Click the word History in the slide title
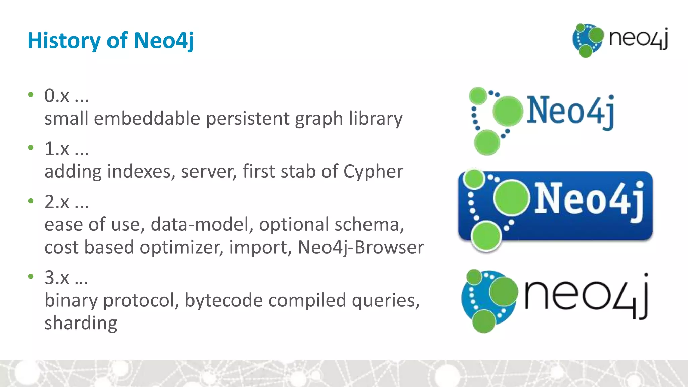64,41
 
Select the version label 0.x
57,96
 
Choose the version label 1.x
57,149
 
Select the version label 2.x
57,202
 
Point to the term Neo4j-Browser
360,247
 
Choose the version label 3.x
57,278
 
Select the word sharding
81,323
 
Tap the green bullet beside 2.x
31,201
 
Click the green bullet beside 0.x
31,95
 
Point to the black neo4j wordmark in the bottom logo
586,296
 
